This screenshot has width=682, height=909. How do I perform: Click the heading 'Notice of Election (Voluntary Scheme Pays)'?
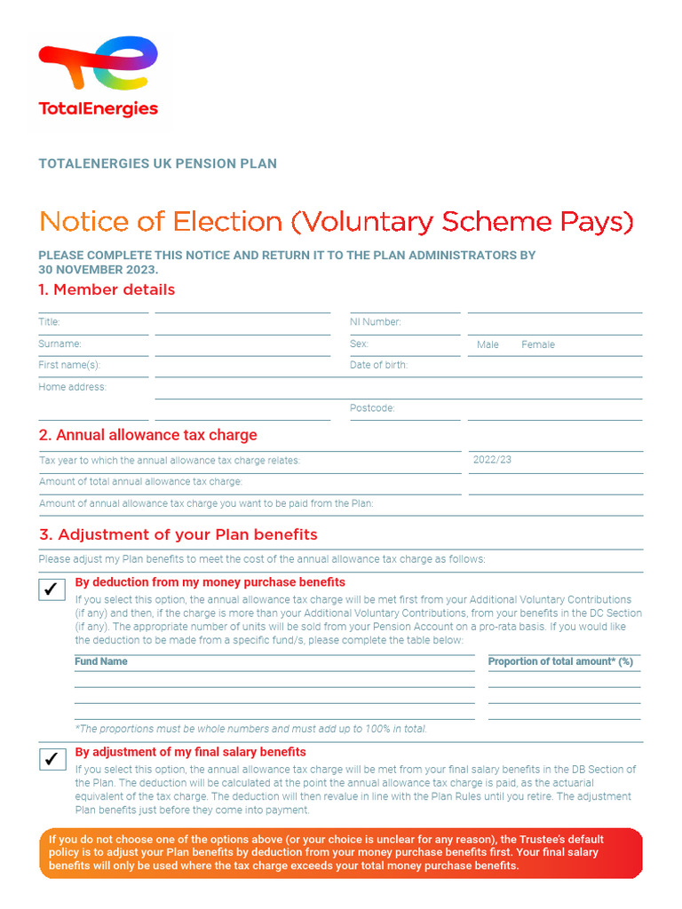pyautogui.click(x=337, y=221)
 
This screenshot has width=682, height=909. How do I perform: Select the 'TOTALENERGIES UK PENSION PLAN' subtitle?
pyautogui.click(x=157, y=163)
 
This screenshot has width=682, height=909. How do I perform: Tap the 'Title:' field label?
pyautogui.click(x=49, y=322)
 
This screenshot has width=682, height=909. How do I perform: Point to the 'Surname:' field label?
pyautogui.click(x=59, y=344)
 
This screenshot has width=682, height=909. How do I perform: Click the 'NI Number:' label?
pyautogui.click(x=375, y=322)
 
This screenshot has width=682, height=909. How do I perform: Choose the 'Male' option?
pyautogui.click(x=488, y=344)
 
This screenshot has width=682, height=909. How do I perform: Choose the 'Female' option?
pyautogui.click(x=537, y=344)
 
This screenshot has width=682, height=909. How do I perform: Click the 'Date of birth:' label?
pyautogui.click(x=378, y=365)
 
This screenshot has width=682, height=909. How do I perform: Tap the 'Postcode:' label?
pyautogui.click(x=372, y=408)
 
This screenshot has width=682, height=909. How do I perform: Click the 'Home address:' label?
pyautogui.click(x=72, y=387)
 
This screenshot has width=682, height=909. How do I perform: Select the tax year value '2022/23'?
pyautogui.click(x=492, y=460)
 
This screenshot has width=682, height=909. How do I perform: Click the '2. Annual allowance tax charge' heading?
pyautogui.click(x=147, y=435)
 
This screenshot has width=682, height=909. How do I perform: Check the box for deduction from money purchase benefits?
pyautogui.click(x=52, y=589)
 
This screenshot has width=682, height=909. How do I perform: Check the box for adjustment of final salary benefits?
pyautogui.click(x=52, y=758)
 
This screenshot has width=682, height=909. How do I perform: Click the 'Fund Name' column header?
pyautogui.click(x=100, y=661)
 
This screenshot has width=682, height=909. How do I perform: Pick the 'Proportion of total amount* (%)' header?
pyautogui.click(x=560, y=661)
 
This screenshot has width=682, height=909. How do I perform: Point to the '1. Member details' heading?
pyautogui.click(x=107, y=289)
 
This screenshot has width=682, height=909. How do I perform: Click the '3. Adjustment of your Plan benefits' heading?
pyautogui.click(x=178, y=534)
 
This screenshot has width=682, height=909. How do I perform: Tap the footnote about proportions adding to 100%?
pyautogui.click(x=250, y=729)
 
